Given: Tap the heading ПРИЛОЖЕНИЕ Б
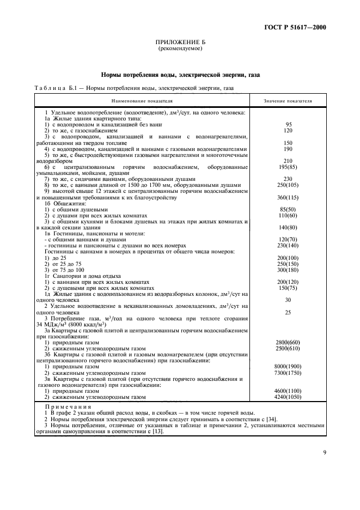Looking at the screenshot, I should click(180, 42).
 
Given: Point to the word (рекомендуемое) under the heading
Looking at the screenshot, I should click(180, 48).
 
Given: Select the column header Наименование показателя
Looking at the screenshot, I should click(142, 101).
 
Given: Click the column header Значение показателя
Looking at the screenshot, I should click(288, 101).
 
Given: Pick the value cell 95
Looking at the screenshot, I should click(289, 125).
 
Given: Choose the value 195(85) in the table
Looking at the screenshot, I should click(288, 166).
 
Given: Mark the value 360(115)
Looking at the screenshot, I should click(288, 197).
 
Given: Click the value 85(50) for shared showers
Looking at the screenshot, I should click(288, 209).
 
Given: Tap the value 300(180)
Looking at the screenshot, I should click(288, 270).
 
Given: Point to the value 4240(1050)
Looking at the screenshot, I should click(288, 397).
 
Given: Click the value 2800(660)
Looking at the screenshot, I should click(288, 342).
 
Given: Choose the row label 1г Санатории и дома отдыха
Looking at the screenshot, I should click(82, 276).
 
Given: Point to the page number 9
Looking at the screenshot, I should click(324, 452).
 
